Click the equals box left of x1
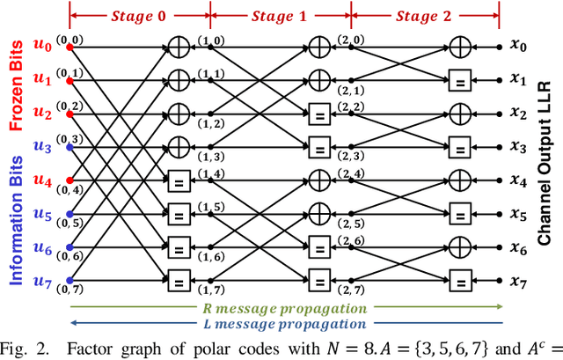click(461, 77)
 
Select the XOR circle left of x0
click(461, 43)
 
